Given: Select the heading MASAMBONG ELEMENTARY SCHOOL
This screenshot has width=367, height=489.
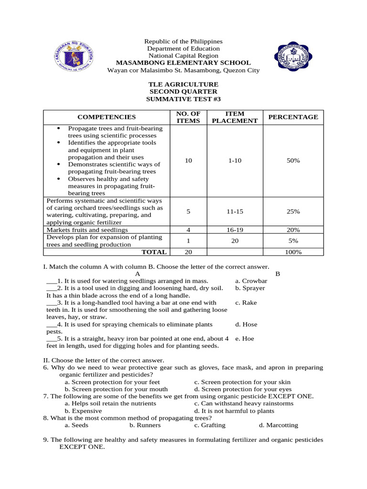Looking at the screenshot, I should click(183, 63).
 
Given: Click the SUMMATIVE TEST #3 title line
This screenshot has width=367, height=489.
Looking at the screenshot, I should click(183, 99).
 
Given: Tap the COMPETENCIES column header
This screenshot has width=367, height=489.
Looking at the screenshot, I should click(107, 117).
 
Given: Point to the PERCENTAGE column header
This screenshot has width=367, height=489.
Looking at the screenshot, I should click(293, 117).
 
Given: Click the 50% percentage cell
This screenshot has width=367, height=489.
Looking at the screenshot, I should click(293, 161).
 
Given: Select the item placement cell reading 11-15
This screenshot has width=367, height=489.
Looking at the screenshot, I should click(235, 211).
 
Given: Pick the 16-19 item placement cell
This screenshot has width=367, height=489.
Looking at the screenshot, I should click(235, 230).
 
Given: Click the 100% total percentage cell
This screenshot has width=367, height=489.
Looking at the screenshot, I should click(293, 252).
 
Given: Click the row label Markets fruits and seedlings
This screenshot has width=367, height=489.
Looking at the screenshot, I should click(87, 230).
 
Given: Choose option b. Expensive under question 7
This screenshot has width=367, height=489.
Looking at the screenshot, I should click(83, 411).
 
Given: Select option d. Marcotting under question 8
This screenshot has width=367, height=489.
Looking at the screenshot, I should click(278, 425).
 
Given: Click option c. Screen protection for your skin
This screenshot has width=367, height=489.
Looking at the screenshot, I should click(242, 382).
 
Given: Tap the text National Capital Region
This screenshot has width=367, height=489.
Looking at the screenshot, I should click(183, 56).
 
